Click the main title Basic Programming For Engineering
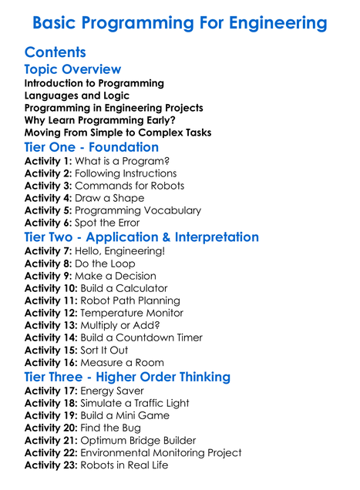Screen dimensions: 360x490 click(x=180, y=23)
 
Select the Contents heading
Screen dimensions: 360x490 click(x=55, y=52)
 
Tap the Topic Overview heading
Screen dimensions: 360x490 click(x=72, y=69)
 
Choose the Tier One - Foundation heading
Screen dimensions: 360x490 click(x=91, y=146)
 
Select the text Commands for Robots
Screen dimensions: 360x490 click(x=130, y=186)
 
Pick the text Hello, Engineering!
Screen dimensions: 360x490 click(x=119, y=251)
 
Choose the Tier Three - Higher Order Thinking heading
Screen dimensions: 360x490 click(x=127, y=377)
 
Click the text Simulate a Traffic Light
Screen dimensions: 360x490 click(x=134, y=403)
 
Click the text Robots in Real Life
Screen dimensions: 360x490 click(x=123, y=465)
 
